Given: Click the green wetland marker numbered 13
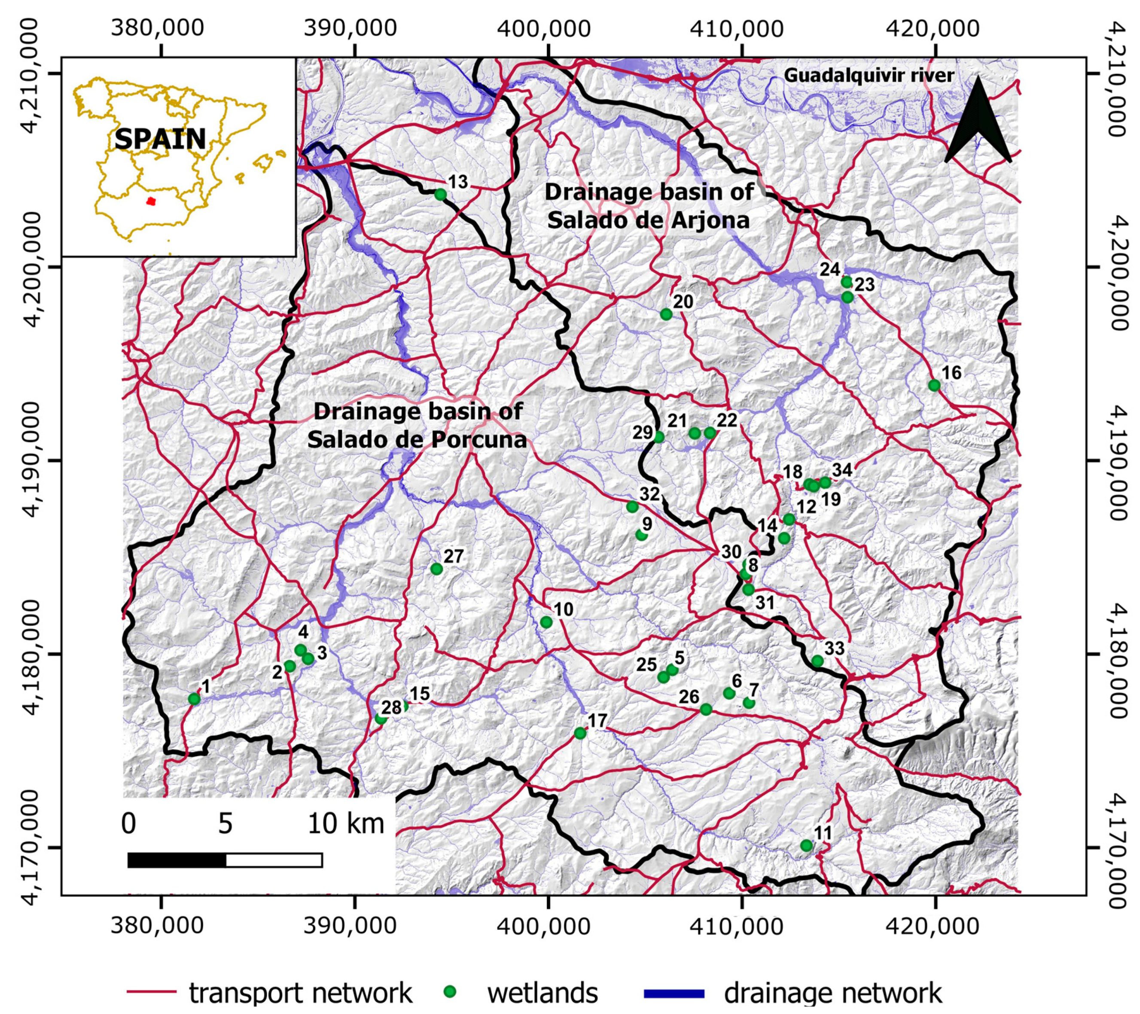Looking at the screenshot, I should click(440, 194).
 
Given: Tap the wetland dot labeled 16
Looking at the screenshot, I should click(934, 385).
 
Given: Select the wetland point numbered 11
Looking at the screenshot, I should click(806, 846).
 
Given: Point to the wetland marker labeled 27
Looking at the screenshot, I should click(437, 569).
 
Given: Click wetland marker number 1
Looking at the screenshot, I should click(194, 699).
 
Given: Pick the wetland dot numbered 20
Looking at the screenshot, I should click(666, 314).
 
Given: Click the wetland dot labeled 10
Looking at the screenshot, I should click(546, 622).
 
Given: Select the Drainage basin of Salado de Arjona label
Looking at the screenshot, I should click(649, 206).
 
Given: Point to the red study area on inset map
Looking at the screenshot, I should click(150, 201).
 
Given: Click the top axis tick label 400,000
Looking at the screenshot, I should click(544, 29).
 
